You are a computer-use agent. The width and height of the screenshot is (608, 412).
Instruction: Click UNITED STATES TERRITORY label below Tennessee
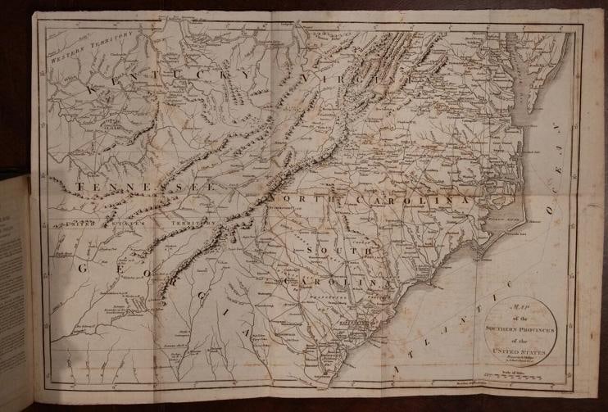(131, 222)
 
